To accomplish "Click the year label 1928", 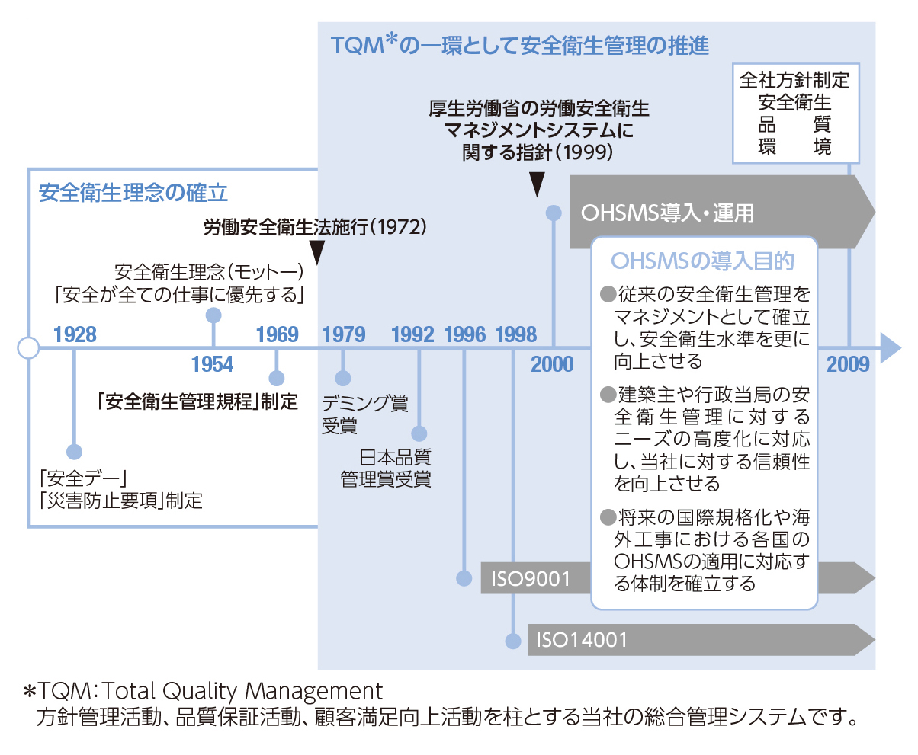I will pos(75,334).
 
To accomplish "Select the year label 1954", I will pos(213,364).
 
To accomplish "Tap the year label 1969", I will pos(278,334).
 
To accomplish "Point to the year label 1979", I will pos(344,334).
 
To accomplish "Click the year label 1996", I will pos(464,334).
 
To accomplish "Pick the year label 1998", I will pos(516,334).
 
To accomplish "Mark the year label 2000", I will pos(553,364).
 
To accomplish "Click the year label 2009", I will pos(848,364).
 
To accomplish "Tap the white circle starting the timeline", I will pos(28,348).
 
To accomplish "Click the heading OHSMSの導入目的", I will pos(703,261).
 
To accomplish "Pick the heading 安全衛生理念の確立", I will pos(133,192).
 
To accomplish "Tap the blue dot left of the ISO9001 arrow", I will pos(464,578).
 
